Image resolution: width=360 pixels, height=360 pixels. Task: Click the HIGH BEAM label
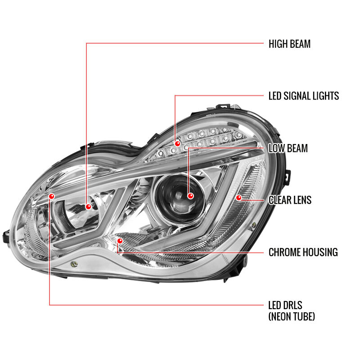pyautogui.click(x=289, y=44)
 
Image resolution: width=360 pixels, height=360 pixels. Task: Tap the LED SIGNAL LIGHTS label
pyautogui.click(x=304, y=96)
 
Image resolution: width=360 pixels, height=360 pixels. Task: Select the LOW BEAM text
pyautogui.click(x=288, y=148)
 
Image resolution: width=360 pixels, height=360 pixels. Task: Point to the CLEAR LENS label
pyautogui.click(x=290, y=200)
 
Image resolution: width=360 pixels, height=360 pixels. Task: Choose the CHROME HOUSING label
pyautogui.click(x=303, y=252)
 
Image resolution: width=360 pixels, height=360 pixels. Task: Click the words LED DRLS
pyautogui.click(x=285, y=306)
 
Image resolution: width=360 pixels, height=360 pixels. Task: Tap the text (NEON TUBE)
pyautogui.click(x=292, y=316)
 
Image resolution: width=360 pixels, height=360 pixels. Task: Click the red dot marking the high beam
pyautogui.click(x=88, y=207)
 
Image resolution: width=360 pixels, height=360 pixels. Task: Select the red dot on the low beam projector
pyautogui.click(x=190, y=196)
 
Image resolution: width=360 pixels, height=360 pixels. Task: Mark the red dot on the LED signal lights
pyautogui.click(x=177, y=144)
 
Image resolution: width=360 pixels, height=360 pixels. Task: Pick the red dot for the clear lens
pyautogui.click(x=239, y=198)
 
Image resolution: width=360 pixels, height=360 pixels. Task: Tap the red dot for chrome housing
pyautogui.click(x=120, y=241)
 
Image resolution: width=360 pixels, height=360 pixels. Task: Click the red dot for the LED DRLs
pyautogui.click(x=52, y=196)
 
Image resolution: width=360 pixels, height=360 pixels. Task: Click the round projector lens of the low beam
pyautogui.click(x=180, y=198)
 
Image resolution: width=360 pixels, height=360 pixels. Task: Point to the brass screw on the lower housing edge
pyautogui.click(x=74, y=264)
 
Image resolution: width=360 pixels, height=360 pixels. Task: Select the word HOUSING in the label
pyautogui.click(x=320, y=252)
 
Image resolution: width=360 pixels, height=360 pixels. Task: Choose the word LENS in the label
pyautogui.click(x=301, y=200)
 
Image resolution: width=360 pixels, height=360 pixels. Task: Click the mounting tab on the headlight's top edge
pyautogui.click(x=223, y=107)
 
